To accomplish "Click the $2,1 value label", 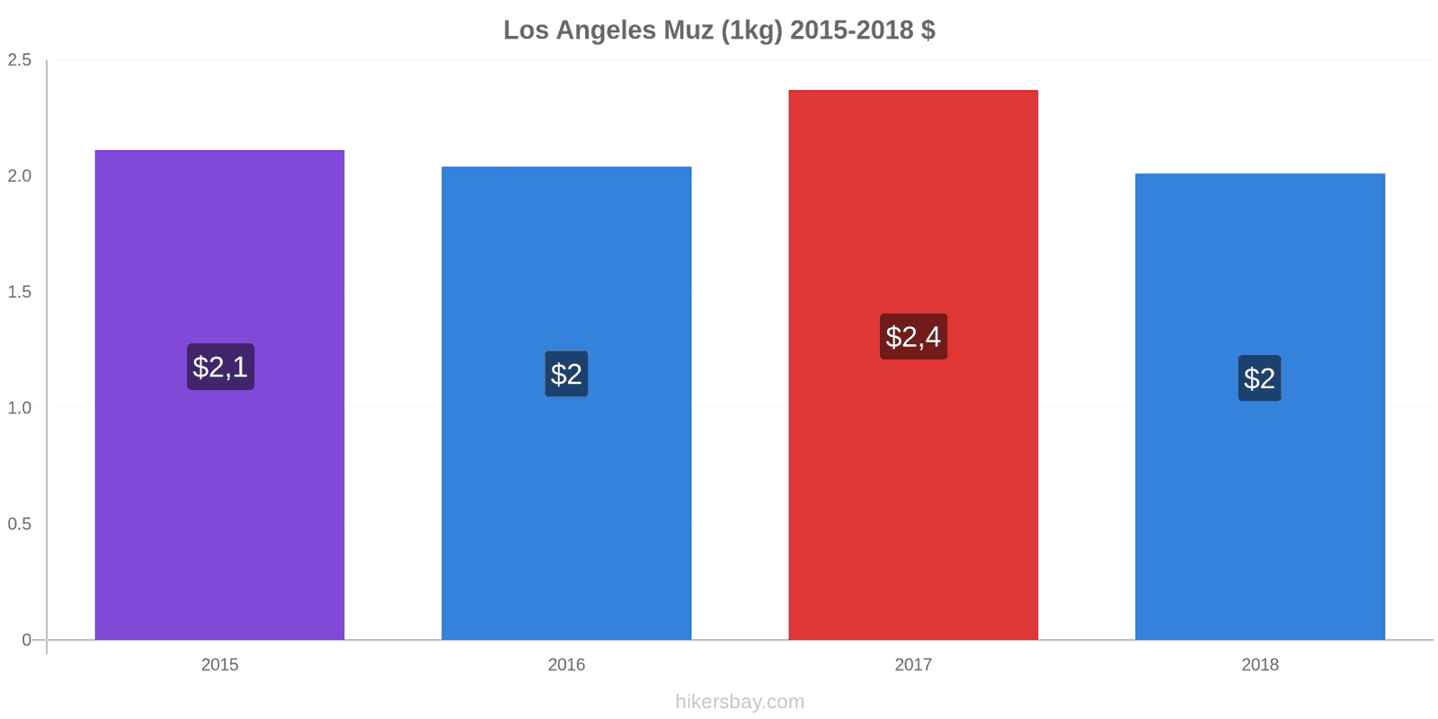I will point(220,367).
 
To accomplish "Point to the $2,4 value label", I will point(913,337).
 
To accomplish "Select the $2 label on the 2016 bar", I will point(566,374).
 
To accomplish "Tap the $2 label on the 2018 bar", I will point(1259,378).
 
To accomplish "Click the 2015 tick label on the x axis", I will point(219,665).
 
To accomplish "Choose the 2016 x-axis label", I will point(566,665).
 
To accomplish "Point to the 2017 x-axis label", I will point(913,665).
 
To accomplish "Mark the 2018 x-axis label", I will point(1259,665).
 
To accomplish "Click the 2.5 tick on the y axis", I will point(20,60).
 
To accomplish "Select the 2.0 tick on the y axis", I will point(20,176).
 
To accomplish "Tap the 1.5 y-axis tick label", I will point(20,292).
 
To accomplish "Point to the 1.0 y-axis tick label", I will point(20,408).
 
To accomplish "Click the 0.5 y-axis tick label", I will point(20,524).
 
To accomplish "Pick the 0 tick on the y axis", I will point(26,640).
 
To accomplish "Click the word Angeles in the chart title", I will point(606,31).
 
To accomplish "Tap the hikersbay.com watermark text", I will point(740,702).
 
